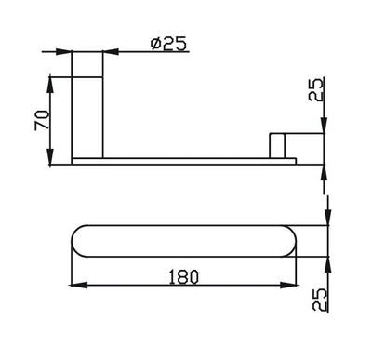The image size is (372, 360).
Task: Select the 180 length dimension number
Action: tap(183, 275)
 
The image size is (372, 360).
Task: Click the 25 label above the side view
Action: tap(316, 89)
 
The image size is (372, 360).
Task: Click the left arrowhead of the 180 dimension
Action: tap(77, 284)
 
